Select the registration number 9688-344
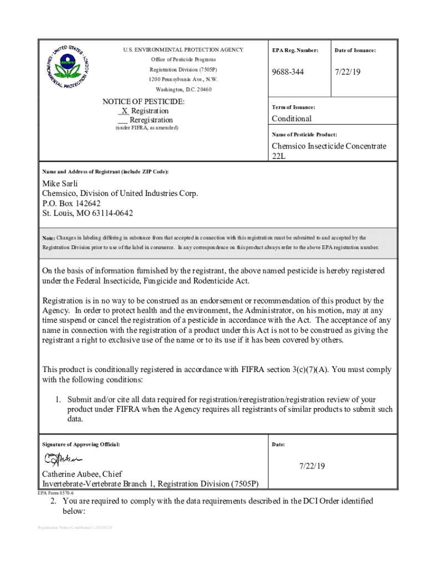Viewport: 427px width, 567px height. [x=288, y=73]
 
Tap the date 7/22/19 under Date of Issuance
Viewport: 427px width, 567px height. [x=348, y=73]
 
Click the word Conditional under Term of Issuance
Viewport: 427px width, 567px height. [x=291, y=118]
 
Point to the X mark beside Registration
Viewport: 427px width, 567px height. [x=125, y=111]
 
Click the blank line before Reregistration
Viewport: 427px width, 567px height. [x=123, y=120]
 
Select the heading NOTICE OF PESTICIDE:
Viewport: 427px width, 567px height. [x=143, y=102]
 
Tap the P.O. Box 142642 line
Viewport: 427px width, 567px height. [x=72, y=203]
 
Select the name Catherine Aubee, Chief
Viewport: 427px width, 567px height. [x=82, y=474]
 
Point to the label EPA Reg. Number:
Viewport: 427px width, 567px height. [x=295, y=50]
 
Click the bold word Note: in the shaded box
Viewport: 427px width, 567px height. [x=49, y=238]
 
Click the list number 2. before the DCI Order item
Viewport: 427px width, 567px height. [x=54, y=501]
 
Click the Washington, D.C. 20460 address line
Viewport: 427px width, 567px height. [x=183, y=89]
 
